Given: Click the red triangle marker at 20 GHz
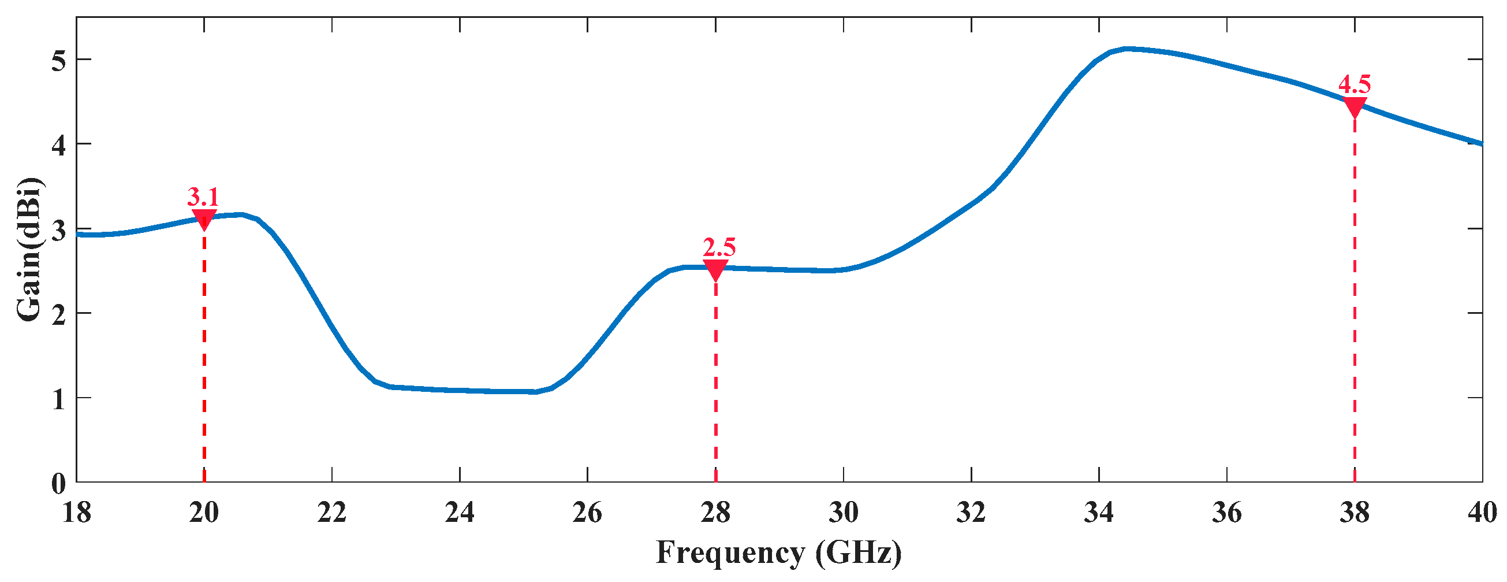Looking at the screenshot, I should point(204,219).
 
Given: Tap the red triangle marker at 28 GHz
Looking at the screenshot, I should point(715,269).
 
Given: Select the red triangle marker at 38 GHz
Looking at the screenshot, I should point(1355,107).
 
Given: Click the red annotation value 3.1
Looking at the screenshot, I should point(203,197).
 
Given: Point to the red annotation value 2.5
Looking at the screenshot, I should point(719,247).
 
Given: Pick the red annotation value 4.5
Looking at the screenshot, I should point(1355,85).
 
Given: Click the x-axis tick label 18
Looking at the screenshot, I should point(76,513).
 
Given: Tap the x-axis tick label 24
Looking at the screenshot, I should point(460,513).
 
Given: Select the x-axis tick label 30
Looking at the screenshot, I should point(844,513).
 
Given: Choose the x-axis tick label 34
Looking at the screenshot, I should point(1099,513).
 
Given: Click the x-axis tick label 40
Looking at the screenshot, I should point(1482,513).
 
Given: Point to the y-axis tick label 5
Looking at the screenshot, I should point(58,59).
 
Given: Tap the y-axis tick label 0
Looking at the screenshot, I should point(58,483).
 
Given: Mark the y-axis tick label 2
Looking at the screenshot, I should point(58,313).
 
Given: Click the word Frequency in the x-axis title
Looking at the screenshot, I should point(730,553).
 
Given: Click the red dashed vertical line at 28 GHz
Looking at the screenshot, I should point(715,381).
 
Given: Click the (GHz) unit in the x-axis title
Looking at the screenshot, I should point(859,553).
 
